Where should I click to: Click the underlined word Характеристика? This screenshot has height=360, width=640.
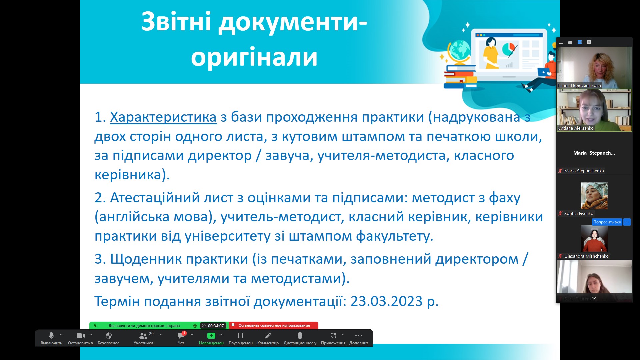[163, 117]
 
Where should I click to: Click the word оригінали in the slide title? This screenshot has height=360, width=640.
[254, 57]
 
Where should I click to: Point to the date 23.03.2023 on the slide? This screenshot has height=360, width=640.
[387, 301]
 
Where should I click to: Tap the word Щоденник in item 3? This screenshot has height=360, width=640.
[146, 259]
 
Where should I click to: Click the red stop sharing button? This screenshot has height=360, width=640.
[274, 325]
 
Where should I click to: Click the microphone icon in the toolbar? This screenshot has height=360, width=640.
[51, 335]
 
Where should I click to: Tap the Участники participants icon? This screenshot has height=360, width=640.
[143, 336]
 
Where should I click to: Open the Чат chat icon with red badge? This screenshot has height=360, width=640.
[181, 336]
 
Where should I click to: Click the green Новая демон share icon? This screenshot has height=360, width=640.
[211, 336]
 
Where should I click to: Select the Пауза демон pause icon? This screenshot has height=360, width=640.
[241, 336]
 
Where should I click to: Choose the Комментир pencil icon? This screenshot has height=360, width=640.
[268, 335]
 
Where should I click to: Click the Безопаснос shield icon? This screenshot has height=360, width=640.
[109, 336]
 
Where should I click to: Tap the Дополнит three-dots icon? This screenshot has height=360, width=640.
[359, 336]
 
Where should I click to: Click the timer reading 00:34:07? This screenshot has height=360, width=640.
[213, 326]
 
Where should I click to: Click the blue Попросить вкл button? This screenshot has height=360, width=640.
[607, 222]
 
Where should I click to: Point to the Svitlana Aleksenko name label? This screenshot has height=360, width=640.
[576, 128]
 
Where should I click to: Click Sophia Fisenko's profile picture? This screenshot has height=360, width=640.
[594, 196]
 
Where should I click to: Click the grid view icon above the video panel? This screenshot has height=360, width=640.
[589, 42]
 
